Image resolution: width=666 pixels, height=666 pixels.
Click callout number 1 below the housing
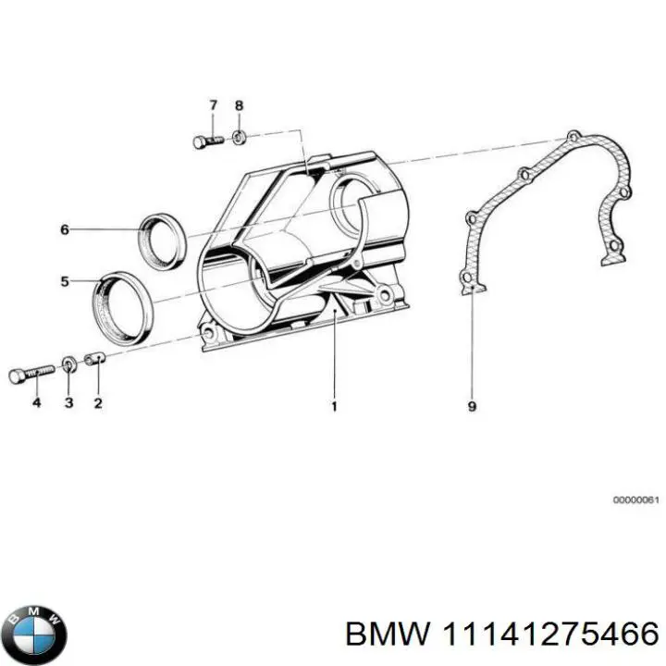[x=334, y=405]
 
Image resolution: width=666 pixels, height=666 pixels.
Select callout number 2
[x=98, y=403]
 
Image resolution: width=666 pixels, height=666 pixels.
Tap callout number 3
[x=68, y=403]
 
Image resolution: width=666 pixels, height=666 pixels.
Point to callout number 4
[x=36, y=403]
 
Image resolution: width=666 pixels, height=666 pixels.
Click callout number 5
[x=65, y=281]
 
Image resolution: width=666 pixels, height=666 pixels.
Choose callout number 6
[x=65, y=229]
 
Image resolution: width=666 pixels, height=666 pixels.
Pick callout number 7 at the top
[x=212, y=105]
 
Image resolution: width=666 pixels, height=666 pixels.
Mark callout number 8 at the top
[x=239, y=105]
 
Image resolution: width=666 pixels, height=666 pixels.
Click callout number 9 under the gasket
[x=472, y=405]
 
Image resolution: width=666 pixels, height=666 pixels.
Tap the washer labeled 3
[x=70, y=361]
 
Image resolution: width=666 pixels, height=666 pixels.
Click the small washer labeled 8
[x=239, y=138]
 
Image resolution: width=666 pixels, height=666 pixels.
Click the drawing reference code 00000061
[x=635, y=500]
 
